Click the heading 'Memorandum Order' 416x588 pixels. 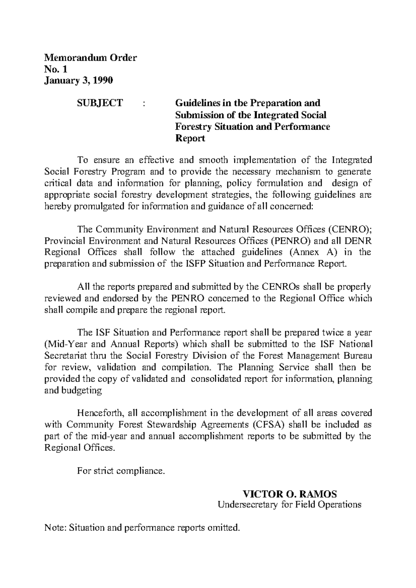tap(91, 57)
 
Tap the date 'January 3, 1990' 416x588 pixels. tap(79, 80)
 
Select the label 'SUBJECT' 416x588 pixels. tap(99, 103)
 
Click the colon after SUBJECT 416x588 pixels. tap(144, 103)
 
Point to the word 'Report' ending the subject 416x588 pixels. tap(190, 139)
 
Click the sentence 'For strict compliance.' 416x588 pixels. tap(121, 471)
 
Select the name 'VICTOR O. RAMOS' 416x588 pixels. tap(289, 494)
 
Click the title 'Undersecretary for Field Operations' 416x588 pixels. tap(289, 504)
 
